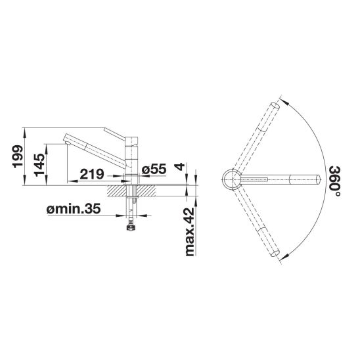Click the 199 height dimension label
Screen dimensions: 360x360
(18, 156)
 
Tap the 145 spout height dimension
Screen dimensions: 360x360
(39, 165)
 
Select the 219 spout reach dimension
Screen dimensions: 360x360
(92, 174)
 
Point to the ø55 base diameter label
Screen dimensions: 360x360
(154, 169)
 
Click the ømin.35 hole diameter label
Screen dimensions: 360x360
(74, 209)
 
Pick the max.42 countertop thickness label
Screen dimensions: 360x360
(190, 232)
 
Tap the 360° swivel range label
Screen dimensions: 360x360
(334, 181)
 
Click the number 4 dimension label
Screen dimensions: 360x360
(180, 166)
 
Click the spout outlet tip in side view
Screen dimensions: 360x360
(67, 143)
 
